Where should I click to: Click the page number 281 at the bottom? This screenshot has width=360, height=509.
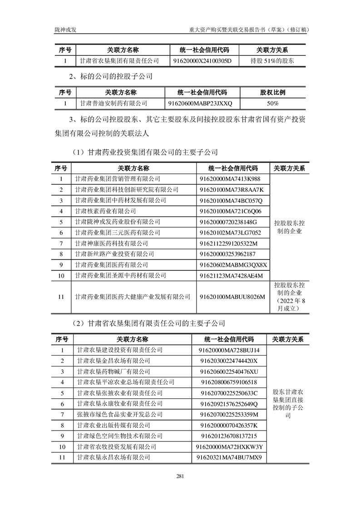[x=179, y=476]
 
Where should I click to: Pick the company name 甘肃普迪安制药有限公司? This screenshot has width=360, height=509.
[x=113, y=103]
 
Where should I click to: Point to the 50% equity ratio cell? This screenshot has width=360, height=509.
[x=273, y=103]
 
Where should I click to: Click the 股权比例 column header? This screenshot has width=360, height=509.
[x=273, y=93]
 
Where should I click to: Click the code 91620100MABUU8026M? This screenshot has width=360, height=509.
[x=232, y=297]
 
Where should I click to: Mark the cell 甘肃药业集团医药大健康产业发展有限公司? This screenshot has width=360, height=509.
[x=133, y=297]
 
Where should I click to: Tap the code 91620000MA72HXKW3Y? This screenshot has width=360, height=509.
[x=230, y=447]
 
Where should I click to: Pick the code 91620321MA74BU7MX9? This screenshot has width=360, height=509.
[x=229, y=457]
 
